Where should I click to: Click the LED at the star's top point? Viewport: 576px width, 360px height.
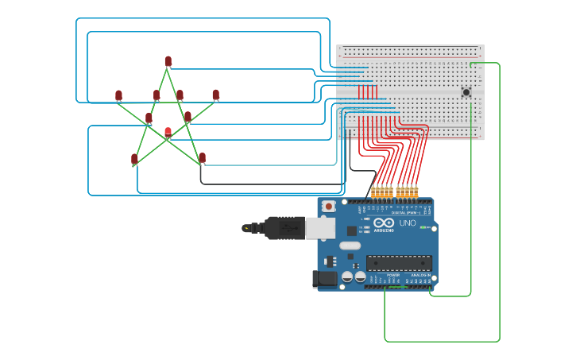point(168,61)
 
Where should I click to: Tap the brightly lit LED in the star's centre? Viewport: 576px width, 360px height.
point(168,132)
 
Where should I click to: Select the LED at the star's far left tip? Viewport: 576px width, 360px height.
point(118,95)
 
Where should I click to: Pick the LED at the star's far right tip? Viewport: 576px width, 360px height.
point(215,95)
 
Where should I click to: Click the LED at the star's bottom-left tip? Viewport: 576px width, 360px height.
point(134,159)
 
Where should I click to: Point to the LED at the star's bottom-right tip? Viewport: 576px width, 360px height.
point(202,157)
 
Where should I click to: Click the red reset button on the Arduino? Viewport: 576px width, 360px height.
point(329,207)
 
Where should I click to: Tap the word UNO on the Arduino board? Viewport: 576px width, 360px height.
point(407,223)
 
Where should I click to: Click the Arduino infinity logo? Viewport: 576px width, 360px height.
point(384,223)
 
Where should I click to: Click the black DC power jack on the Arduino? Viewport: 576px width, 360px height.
point(324,279)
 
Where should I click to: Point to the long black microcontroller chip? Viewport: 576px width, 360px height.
point(399,263)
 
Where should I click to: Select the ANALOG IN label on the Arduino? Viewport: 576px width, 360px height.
point(419,275)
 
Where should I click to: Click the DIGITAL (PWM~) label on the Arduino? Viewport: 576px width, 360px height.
point(405,212)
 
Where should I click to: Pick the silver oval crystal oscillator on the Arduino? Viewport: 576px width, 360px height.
point(350,246)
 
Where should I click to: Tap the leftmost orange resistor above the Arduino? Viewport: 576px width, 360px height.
point(373,192)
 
